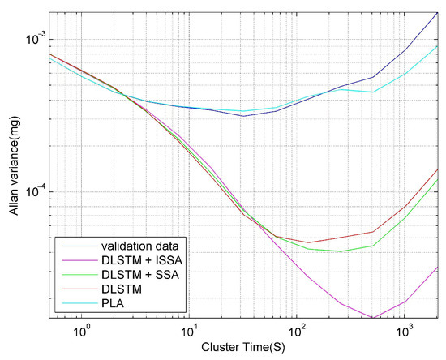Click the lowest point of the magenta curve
pos(372,318)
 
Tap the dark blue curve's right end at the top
pos(437,14)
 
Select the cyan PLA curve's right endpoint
pos(437,46)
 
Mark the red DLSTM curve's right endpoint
pos(437,169)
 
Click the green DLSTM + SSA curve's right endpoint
pos(437,179)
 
